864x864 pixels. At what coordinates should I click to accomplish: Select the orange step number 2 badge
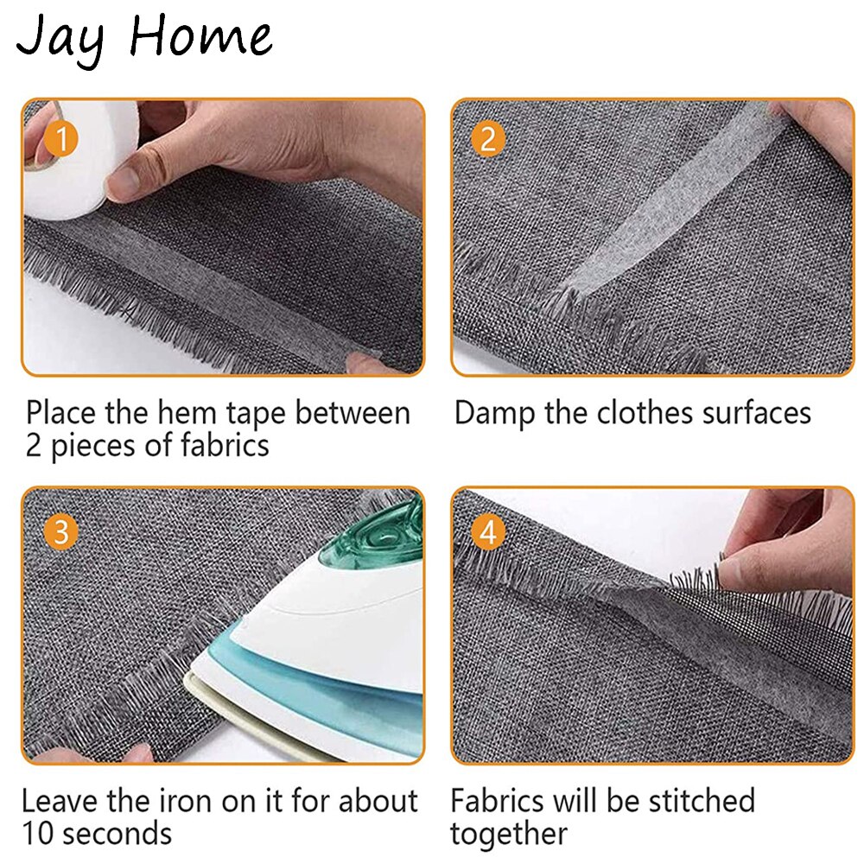tap(489, 138)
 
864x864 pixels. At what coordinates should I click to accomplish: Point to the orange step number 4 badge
tap(489, 531)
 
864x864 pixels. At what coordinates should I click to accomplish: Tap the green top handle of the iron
tap(380, 540)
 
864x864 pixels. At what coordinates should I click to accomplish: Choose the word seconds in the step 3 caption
tap(117, 835)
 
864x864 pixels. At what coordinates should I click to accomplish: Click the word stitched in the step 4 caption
tap(691, 801)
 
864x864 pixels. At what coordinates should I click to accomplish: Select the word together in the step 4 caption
tap(509, 835)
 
